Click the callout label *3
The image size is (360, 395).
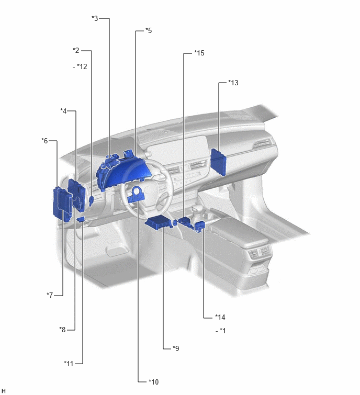point(95,18)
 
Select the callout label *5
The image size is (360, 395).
point(149,30)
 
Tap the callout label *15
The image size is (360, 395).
point(199,53)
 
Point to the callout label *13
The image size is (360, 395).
point(233,83)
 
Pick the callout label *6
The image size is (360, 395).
point(44,141)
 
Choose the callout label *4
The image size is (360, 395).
point(63,111)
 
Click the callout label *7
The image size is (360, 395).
point(50,295)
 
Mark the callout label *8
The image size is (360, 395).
point(62,329)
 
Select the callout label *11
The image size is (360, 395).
point(69,363)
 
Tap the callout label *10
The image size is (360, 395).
point(154,382)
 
